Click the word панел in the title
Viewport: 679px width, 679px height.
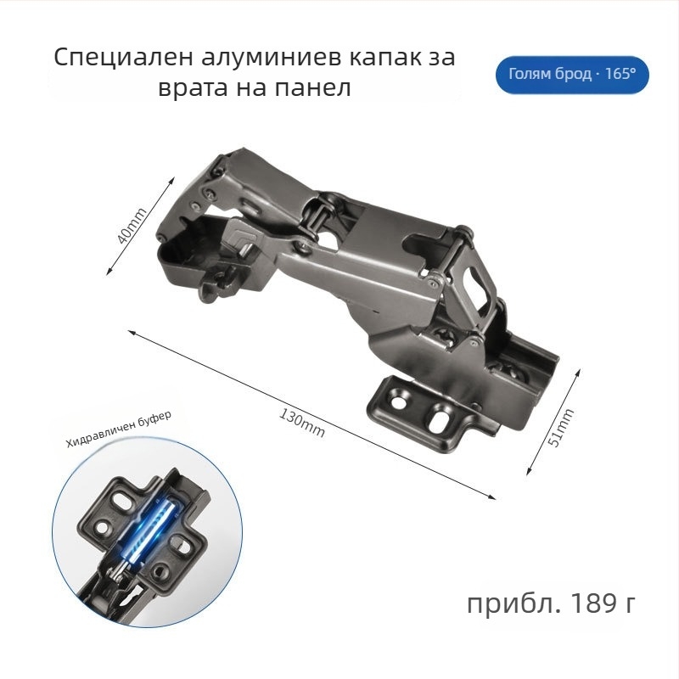click(312, 88)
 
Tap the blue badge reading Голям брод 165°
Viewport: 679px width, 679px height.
click(572, 75)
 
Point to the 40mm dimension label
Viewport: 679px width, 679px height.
click(133, 226)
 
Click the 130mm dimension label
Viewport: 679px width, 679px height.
click(301, 424)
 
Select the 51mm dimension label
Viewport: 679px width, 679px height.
click(561, 427)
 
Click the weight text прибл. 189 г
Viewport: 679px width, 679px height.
click(551, 603)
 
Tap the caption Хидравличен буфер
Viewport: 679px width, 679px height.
click(119, 429)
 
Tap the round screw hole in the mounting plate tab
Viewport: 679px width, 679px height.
click(398, 402)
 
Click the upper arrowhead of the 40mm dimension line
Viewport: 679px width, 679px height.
click(172, 180)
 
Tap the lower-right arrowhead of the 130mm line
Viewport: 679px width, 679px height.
click(492, 497)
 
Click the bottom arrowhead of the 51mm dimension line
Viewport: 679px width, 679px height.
click(529, 472)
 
